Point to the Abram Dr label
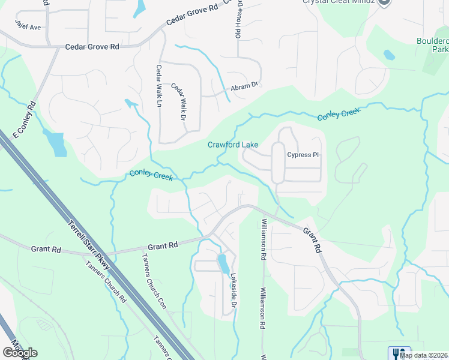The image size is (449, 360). (244, 88)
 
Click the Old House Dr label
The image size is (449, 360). (238, 18)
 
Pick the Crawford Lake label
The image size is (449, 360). (233, 145)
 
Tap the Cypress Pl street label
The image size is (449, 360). (303, 154)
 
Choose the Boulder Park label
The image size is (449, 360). (432, 45)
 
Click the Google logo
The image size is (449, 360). (20, 352)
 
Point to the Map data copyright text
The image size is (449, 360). (423, 355)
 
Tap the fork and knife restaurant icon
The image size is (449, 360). (399, 353)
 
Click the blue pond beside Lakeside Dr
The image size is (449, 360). (223, 263)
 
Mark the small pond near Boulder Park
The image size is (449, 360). (390, 55)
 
